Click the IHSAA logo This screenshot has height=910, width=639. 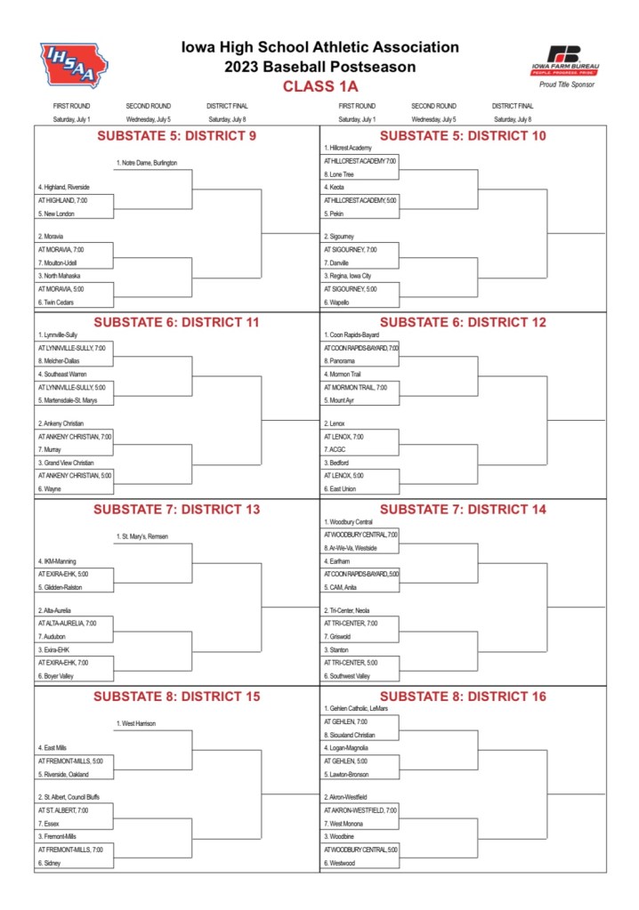(x=73, y=64)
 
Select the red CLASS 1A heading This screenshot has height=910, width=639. (x=319, y=86)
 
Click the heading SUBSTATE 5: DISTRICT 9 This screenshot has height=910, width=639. (x=176, y=136)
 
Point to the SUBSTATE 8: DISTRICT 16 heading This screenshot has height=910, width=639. (x=463, y=697)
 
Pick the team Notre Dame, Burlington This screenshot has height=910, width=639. (x=147, y=163)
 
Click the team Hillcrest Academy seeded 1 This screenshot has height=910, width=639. (x=348, y=148)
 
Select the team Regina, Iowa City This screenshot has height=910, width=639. (x=351, y=276)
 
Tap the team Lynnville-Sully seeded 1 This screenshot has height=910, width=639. (x=58, y=334)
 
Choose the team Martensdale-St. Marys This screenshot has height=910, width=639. (x=68, y=400)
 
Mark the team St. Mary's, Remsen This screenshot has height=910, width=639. (x=142, y=536)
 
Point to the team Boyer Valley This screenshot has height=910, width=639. (x=55, y=676)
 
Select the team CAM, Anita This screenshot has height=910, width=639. (x=343, y=587)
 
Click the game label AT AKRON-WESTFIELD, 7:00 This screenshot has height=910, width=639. (x=360, y=810)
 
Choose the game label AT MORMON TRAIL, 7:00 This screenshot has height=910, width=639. (x=355, y=388)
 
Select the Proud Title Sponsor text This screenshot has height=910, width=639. (x=566, y=85)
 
